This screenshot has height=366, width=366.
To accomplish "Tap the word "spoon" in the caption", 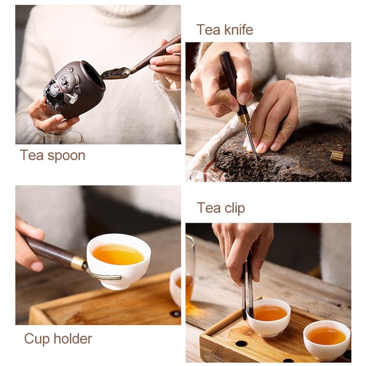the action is click(66, 156).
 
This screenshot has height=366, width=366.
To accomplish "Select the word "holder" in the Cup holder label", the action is click(73, 339).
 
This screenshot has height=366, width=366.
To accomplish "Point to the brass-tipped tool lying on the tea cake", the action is click(341, 157).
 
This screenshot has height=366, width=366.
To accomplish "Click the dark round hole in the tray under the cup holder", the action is click(175, 313).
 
